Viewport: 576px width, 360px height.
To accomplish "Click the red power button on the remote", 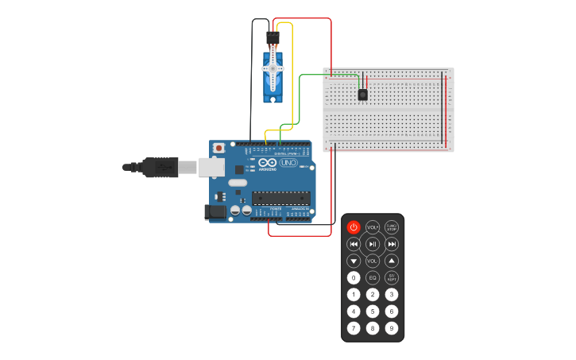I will tap(354, 227).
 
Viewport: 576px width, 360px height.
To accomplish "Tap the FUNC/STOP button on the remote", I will tap(392, 227).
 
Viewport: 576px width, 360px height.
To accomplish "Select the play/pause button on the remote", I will tap(373, 244).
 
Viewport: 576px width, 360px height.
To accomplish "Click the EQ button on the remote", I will tap(373, 277).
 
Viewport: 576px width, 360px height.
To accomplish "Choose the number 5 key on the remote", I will tap(373, 311).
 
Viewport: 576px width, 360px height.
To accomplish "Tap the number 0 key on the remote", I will tap(354, 277).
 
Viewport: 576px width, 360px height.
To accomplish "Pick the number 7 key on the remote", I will tap(354, 327).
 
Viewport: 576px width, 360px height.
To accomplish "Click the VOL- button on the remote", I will tap(373, 261).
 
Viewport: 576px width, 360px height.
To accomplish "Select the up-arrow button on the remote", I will tap(392, 261).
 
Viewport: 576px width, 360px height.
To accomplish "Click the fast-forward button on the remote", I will tap(392, 244).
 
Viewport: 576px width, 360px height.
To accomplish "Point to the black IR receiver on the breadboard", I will tap(362, 95).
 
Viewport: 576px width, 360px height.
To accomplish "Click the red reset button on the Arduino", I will tap(218, 148).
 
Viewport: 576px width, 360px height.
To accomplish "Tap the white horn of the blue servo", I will tap(273, 70).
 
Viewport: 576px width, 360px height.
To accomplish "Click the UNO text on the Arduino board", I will tap(288, 164).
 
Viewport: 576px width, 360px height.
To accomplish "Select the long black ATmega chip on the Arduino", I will tap(281, 198).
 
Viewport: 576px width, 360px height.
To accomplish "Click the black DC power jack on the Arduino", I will tap(215, 211).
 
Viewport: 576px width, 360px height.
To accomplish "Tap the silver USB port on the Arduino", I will tap(211, 167).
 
